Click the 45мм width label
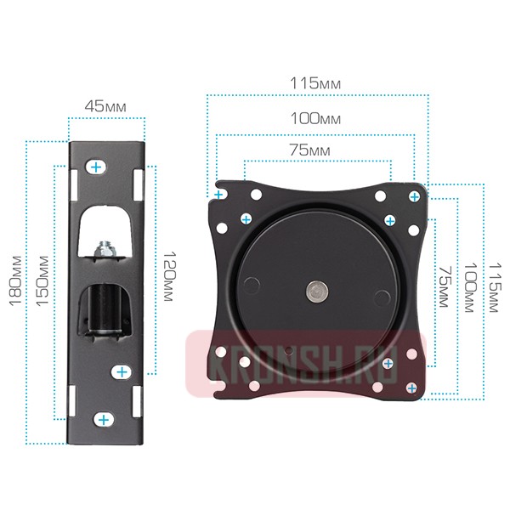tap(105, 106)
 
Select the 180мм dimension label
tap(15, 281)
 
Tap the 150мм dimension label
tap(42, 281)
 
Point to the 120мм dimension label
tap(169, 275)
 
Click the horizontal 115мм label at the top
tap(315, 83)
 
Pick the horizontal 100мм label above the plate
tap(315, 119)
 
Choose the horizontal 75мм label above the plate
tap(309, 150)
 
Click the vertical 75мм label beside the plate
tap(445, 287)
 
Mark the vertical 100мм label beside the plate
tap(470, 287)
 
